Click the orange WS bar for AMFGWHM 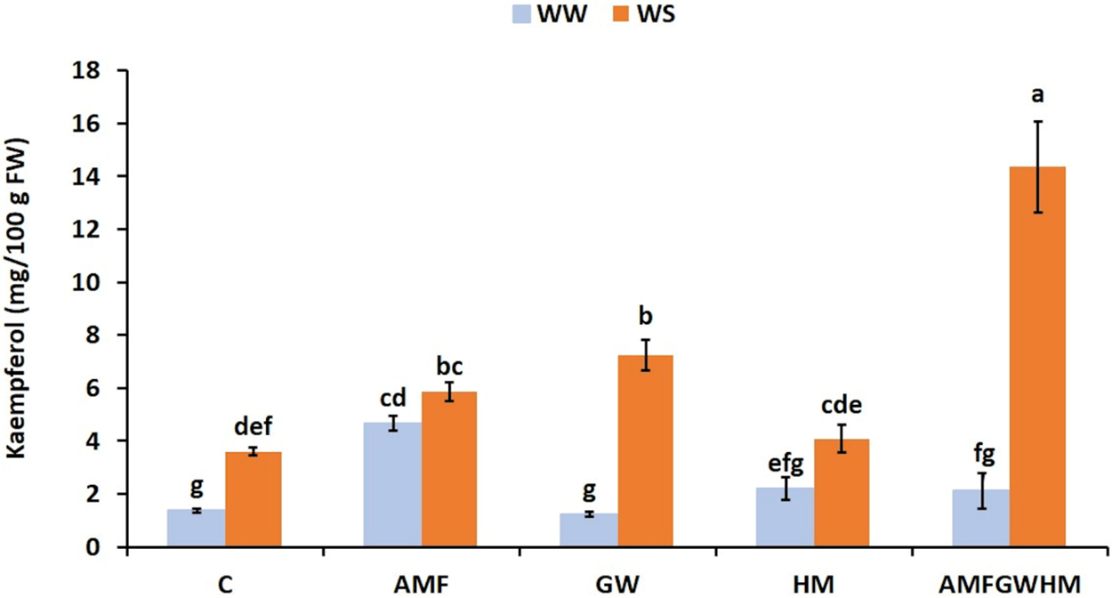click(x=1037, y=356)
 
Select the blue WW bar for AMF click(x=392, y=485)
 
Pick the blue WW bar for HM click(x=785, y=517)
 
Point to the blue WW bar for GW click(x=589, y=530)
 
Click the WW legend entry click(x=550, y=16)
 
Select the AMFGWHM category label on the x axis click(x=1009, y=585)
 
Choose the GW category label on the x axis click(x=617, y=585)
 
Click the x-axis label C click(x=225, y=585)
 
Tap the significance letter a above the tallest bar click(x=1037, y=94)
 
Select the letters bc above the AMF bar click(x=450, y=365)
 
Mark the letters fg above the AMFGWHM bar click(x=982, y=454)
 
